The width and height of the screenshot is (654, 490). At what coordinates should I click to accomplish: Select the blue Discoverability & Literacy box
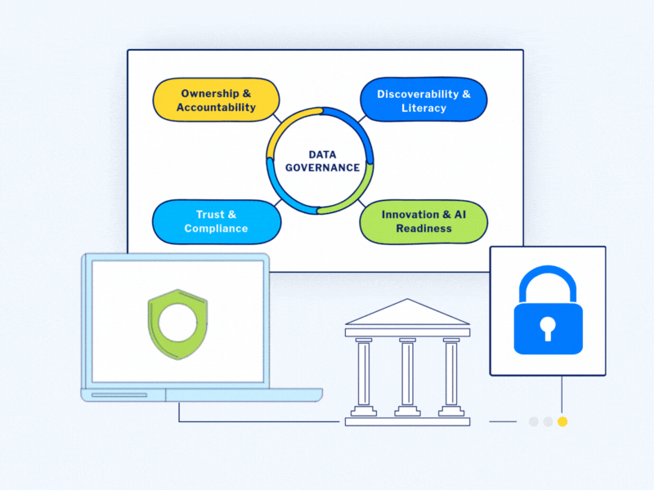[423, 100]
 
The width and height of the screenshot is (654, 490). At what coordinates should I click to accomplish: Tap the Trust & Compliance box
[216, 221]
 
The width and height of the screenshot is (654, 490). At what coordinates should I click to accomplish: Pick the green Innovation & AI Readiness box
[423, 221]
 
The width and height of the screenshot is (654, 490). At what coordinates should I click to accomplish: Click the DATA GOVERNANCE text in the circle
[322, 161]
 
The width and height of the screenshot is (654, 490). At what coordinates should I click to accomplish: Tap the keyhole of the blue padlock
[548, 328]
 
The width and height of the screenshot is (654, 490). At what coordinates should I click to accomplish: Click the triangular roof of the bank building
[407, 313]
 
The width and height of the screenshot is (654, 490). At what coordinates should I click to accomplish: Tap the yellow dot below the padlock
[562, 422]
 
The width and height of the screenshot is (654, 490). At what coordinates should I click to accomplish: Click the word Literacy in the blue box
[423, 108]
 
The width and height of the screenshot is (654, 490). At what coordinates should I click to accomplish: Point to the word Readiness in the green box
[423, 229]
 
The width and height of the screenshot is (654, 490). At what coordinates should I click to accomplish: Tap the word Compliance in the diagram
[216, 229]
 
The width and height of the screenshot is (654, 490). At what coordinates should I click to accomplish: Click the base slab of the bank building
[407, 421]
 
